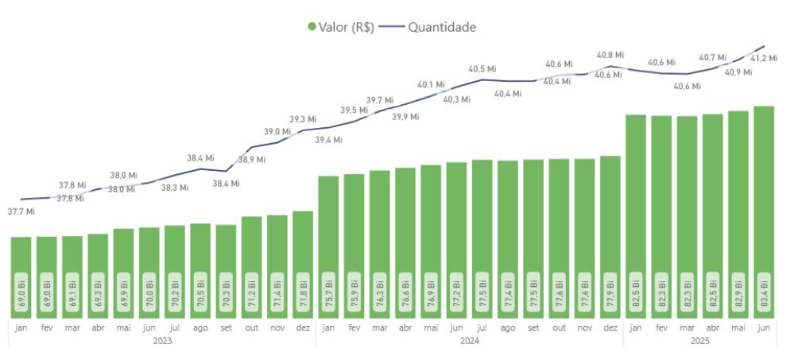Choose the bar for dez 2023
tap(303, 262)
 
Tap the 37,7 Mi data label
tap(21, 211)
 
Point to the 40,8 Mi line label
tap(610, 55)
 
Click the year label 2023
tap(161, 340)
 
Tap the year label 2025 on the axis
tap(699, 340)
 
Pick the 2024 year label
tap(469, 340)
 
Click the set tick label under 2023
tap(226, 327)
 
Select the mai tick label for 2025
tap(738, 327)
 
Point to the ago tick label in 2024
tap(508, 327)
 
